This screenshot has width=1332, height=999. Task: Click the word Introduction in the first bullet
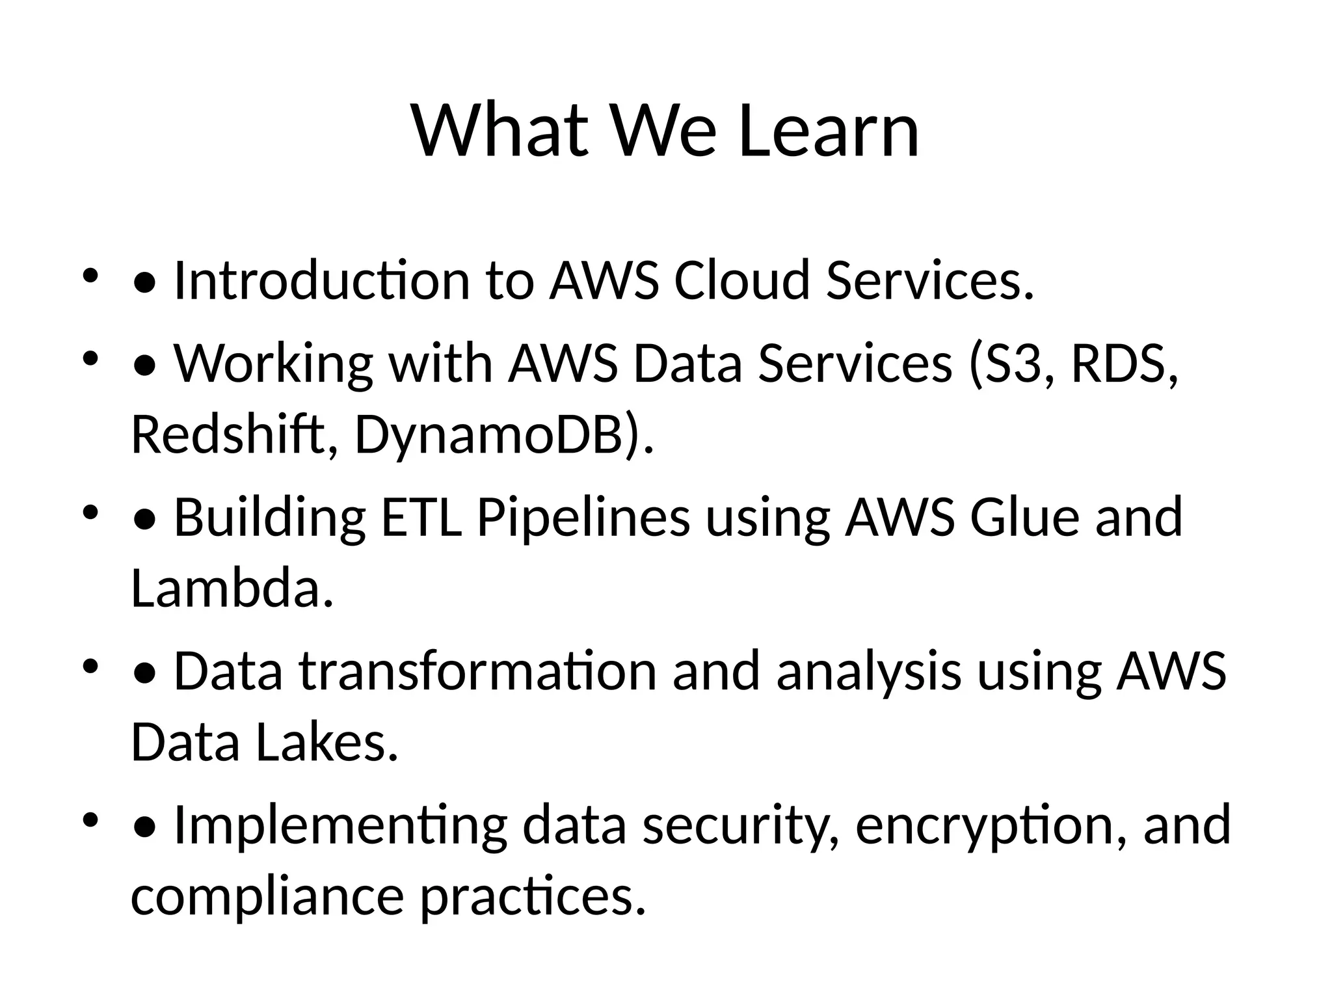click(x=321, y=281)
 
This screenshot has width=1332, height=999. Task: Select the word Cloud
click(x=741, y=281)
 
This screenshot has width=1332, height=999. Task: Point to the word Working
click(x=273, y=364)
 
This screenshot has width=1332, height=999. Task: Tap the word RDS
click(x=1121, y=364)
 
